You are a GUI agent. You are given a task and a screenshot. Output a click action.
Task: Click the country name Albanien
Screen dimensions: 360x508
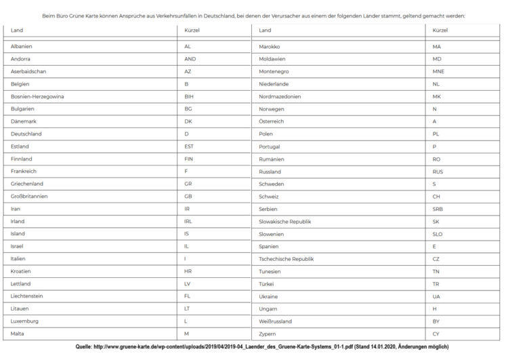point(22,46)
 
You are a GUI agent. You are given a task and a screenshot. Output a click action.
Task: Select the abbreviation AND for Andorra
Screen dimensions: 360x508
point(190,59)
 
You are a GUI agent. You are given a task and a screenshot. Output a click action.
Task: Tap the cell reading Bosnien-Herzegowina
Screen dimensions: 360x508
point(37,96)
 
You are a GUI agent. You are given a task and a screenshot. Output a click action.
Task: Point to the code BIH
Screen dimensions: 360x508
point(189,96)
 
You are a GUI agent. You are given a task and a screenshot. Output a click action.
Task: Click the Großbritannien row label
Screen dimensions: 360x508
point(29,196)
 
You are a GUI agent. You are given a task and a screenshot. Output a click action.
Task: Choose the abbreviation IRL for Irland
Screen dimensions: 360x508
point(188,221)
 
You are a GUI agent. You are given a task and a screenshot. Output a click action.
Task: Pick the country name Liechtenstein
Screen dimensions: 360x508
point(26,296)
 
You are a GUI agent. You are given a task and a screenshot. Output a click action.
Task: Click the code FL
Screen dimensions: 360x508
point(188,296)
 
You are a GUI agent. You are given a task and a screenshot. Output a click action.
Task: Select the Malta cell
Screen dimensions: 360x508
point(18,334)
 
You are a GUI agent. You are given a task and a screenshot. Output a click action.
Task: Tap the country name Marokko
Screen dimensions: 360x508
point(270,46)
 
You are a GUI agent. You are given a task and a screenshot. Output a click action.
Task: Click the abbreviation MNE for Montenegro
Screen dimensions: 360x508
point(439,71)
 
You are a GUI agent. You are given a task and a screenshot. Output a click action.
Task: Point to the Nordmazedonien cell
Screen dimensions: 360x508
point(280,96)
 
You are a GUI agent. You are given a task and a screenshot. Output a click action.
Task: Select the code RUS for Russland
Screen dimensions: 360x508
point(438,172)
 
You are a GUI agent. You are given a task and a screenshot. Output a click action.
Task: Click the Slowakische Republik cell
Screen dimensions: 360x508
point(285,221)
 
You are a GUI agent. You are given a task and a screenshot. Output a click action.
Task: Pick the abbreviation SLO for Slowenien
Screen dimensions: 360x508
point(438,234)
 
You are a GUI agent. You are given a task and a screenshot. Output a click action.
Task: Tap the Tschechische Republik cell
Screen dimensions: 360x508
point(287,259)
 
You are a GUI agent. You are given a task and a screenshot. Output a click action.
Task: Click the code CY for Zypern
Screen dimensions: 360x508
point(436,334)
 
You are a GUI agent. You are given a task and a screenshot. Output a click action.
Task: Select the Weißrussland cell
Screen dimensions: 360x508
point(277,321)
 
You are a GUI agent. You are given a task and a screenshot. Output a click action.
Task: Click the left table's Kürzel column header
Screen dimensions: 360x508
point(192,30)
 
